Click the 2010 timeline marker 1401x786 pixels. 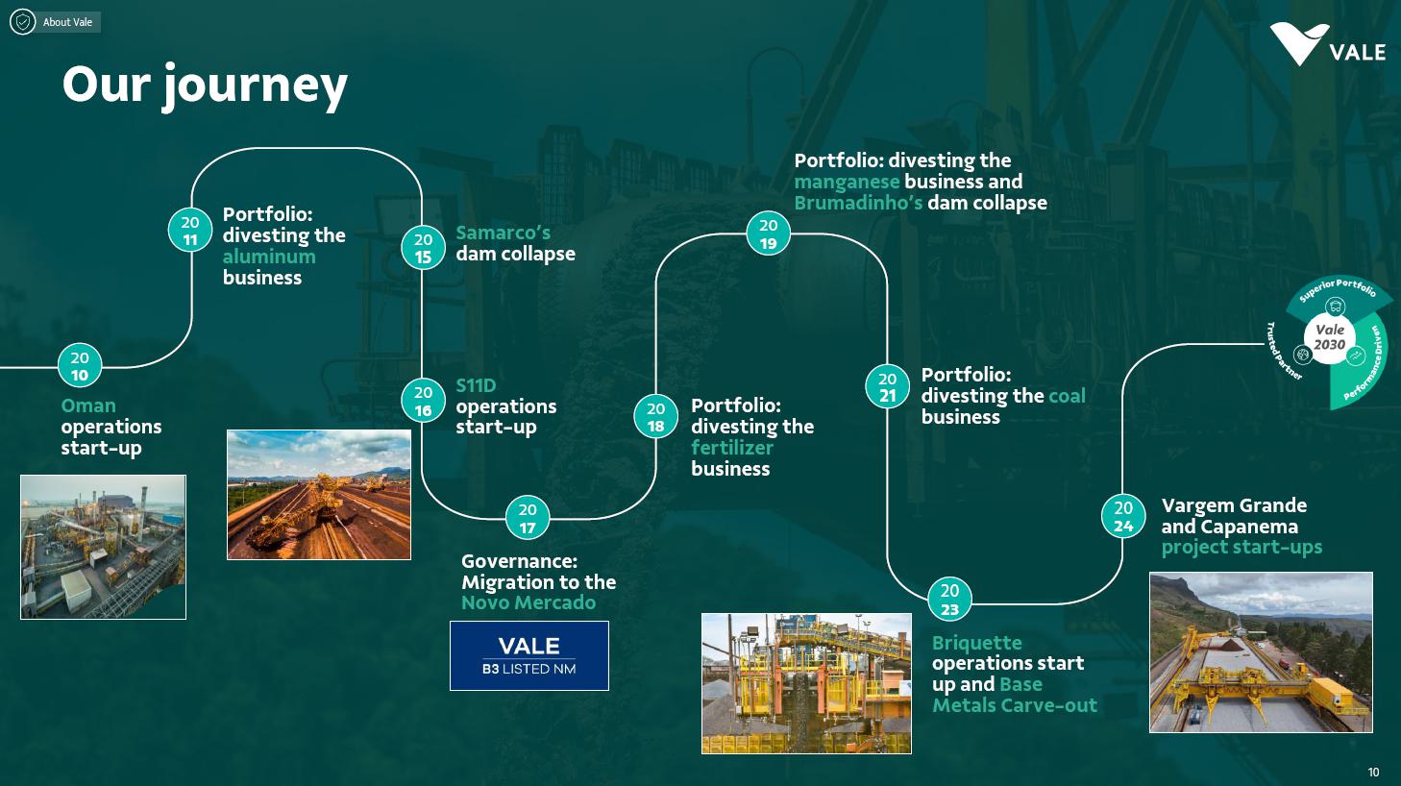click(80, 366)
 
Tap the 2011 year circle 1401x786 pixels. click(190, 231)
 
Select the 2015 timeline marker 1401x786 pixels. click(423, 248)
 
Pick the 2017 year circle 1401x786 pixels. click(528, 518)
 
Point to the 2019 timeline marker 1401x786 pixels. click(769, 233)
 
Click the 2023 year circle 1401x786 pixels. click(949, 600)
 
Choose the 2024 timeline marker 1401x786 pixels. click(1123, 516)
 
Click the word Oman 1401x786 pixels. click(88, 405)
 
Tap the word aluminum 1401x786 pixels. click(269, 257)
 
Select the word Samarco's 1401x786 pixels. click(503, 233)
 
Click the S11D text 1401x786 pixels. click(476, 385)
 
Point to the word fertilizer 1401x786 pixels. click(732, 448)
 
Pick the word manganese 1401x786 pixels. click(847, 182)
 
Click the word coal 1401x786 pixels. click(1067, 396)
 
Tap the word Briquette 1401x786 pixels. click(976, 643)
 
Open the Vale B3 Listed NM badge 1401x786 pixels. click(529, 655)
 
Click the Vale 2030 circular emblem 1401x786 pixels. click(1330, 337)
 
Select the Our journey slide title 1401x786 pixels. click(205, 85)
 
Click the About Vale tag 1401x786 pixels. click(56, 21)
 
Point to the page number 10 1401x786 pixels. click(1373, 772)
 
